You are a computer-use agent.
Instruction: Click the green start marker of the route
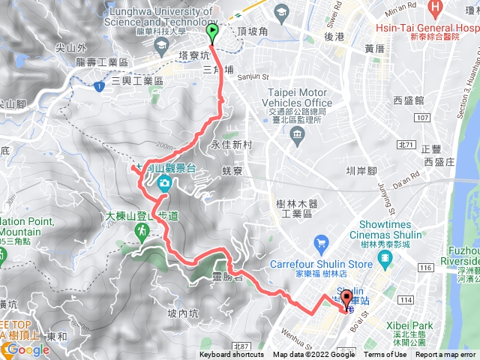click(x=212, y=32)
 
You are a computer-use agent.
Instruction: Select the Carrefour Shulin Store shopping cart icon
click(x=322, y=243)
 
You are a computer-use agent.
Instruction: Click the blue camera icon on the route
click(x=163, y=182)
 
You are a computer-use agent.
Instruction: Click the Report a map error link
click(x=445, y=355)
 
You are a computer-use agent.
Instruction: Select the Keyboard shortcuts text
click(x=232, y=355)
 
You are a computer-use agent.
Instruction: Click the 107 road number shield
click(x=422, y=118)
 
